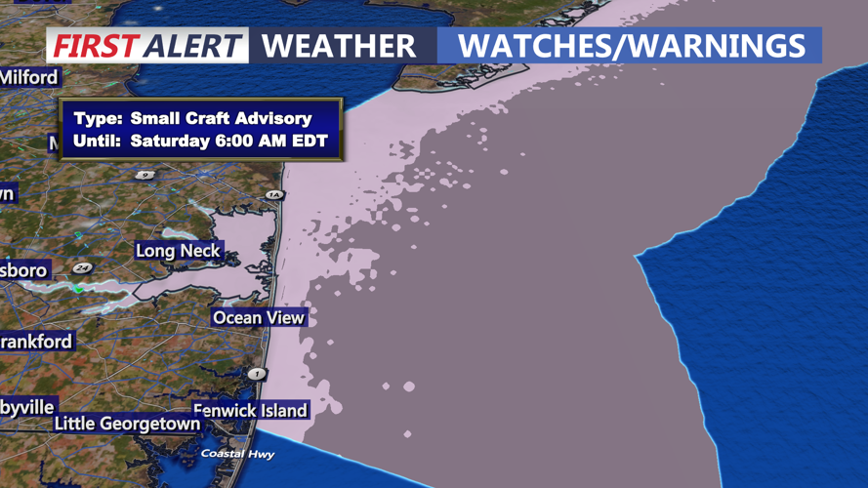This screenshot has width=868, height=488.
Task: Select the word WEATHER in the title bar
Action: click(x=339, y=45)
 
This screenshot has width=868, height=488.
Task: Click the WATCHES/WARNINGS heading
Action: click(x=631, y=45)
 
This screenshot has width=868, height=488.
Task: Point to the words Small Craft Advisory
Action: click(x=221, y=118)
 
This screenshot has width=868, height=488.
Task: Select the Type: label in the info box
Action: click(x=97, y=118)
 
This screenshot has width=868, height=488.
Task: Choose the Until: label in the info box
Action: click(x=98, y=142)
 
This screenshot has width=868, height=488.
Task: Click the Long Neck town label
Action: click(x=178, y=251)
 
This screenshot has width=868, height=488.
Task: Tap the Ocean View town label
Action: click(x=259, y=317)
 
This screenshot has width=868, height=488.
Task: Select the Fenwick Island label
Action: click(x=250, y=410)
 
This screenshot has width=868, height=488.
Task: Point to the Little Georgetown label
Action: click(x=127, y=424)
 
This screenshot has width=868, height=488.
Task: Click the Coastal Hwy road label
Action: click(x=237, y=454)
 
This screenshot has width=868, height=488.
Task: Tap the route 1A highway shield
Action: click(x=274, y=195)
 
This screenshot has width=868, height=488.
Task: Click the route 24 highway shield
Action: click(x=82, y=268)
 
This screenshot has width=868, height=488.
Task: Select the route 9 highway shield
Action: click(x=145, y=175)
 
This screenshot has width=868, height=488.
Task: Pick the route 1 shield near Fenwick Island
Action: click(x=257, y=373)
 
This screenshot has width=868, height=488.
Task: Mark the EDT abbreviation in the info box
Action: click(x=310, y=142)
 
